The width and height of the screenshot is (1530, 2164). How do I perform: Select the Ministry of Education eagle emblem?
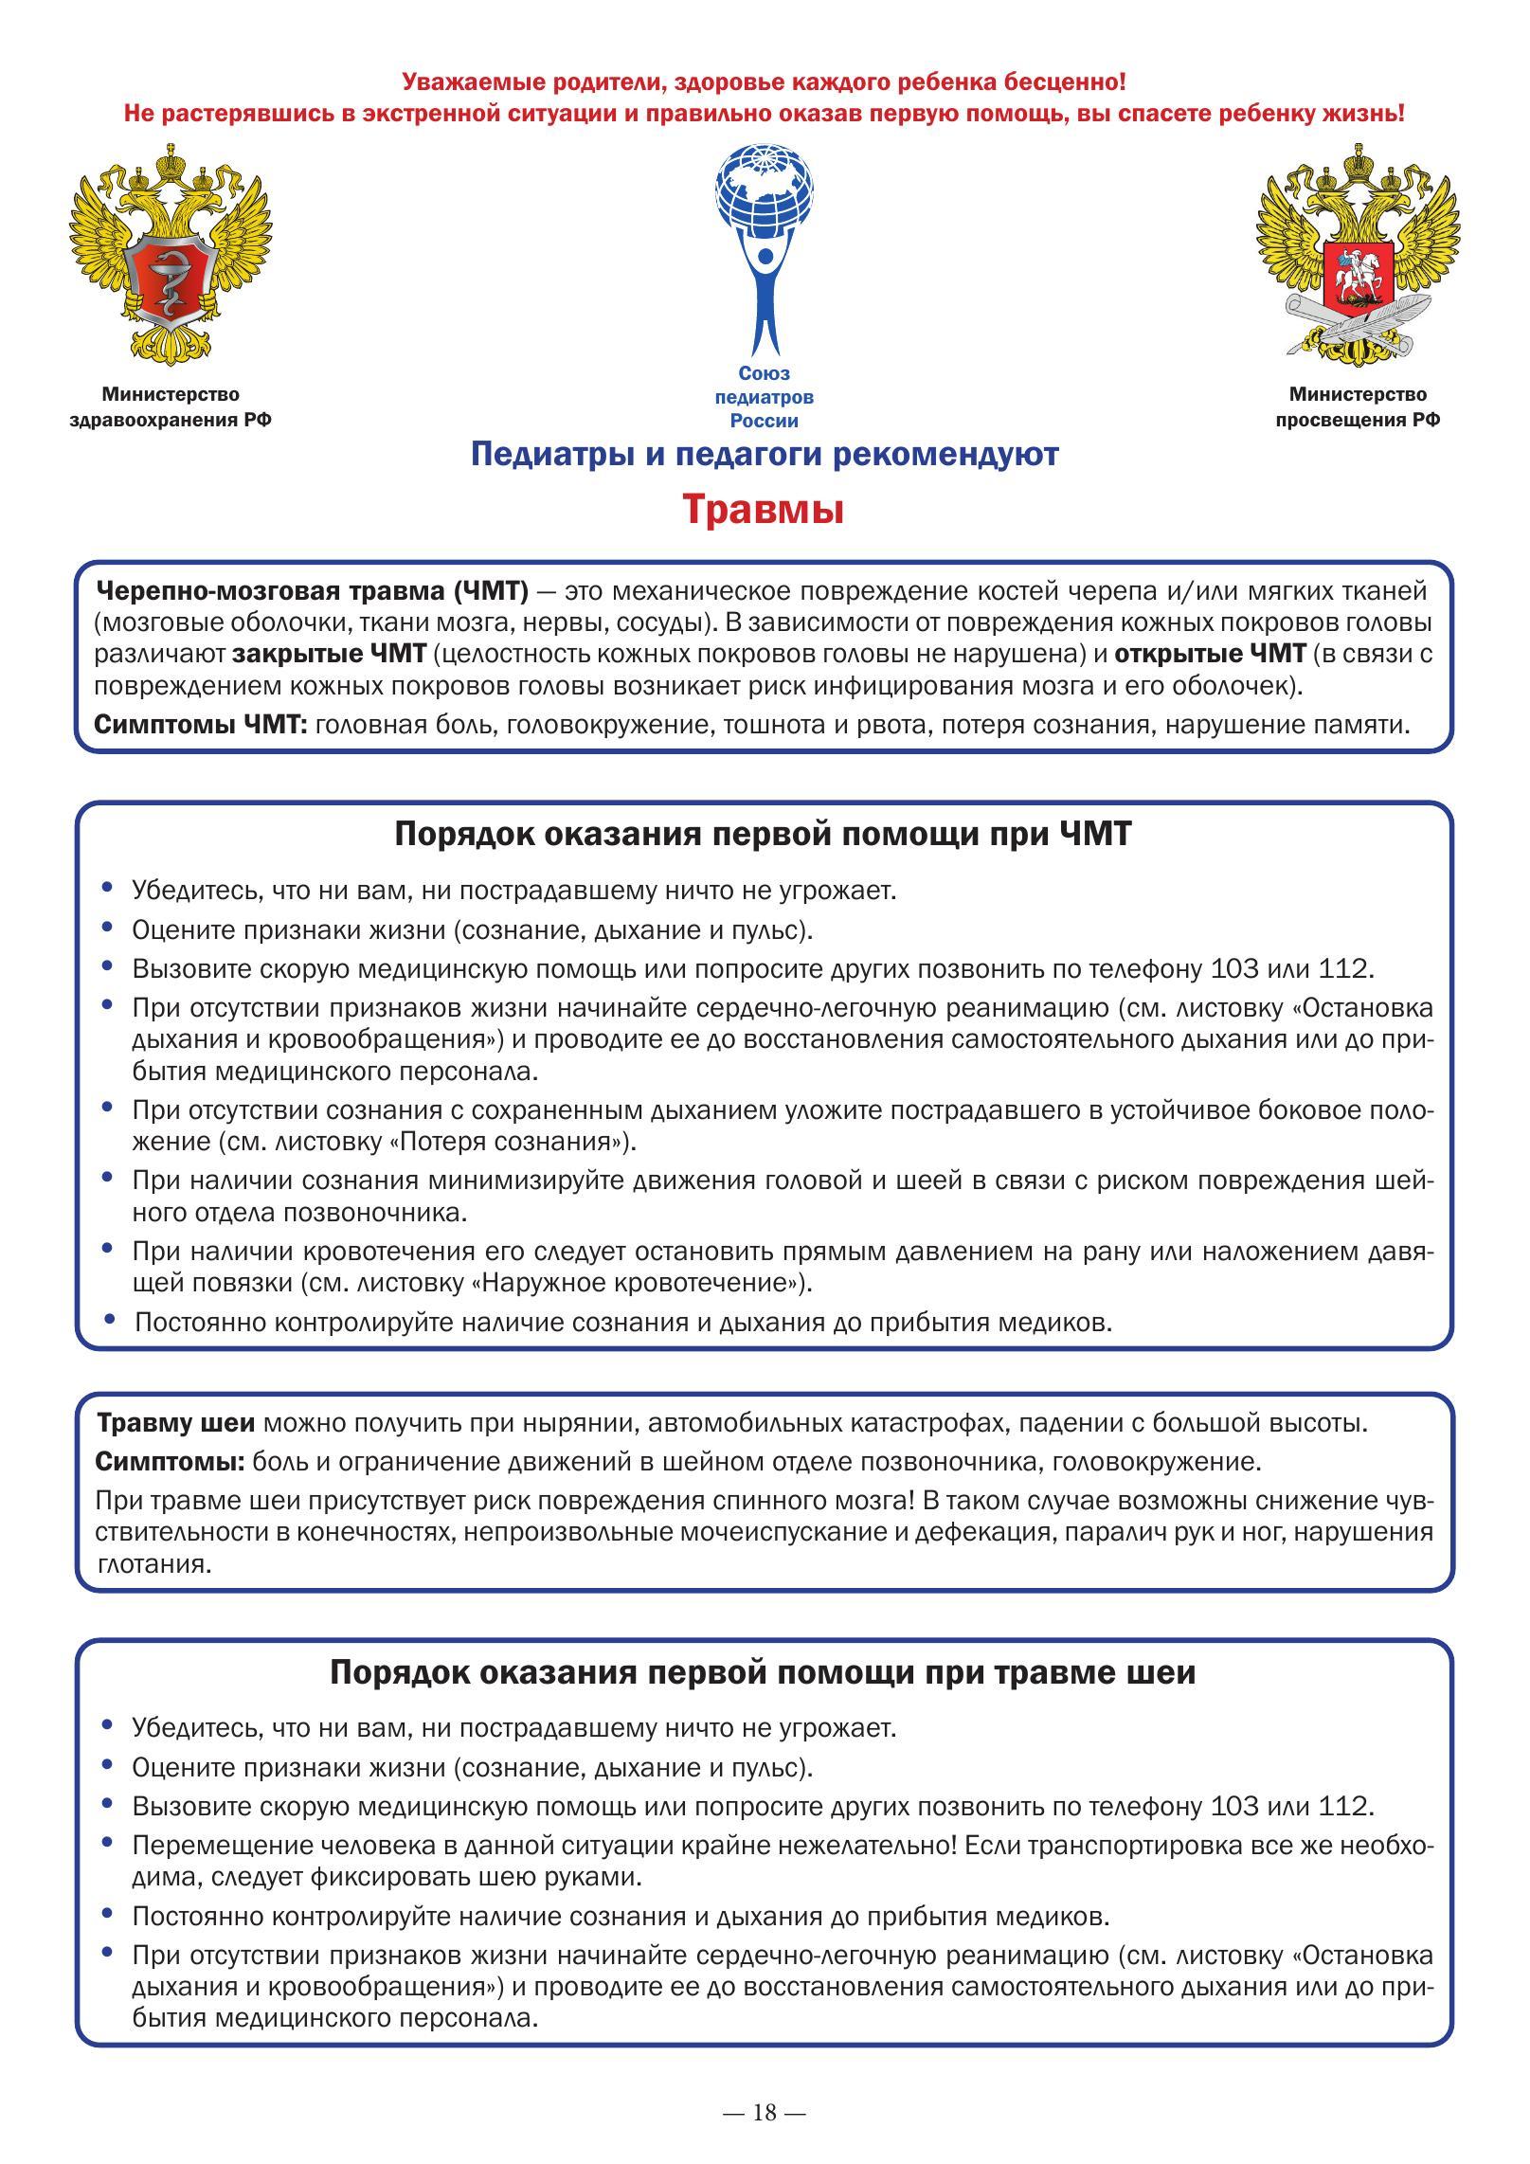[1358, 254]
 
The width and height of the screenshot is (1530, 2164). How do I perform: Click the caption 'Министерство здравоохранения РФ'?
[171, 406]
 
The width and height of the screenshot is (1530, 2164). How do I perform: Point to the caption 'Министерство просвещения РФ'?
[1358, 406]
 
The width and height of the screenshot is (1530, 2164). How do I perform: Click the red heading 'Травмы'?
[764, 510]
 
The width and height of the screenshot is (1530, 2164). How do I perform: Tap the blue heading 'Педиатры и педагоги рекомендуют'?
[765, 455]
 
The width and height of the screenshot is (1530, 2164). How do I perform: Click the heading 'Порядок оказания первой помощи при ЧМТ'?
[763, 835]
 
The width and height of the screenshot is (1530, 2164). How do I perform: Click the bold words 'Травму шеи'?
[175, 1423]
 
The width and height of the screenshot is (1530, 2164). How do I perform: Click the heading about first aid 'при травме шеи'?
[763, 1672]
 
